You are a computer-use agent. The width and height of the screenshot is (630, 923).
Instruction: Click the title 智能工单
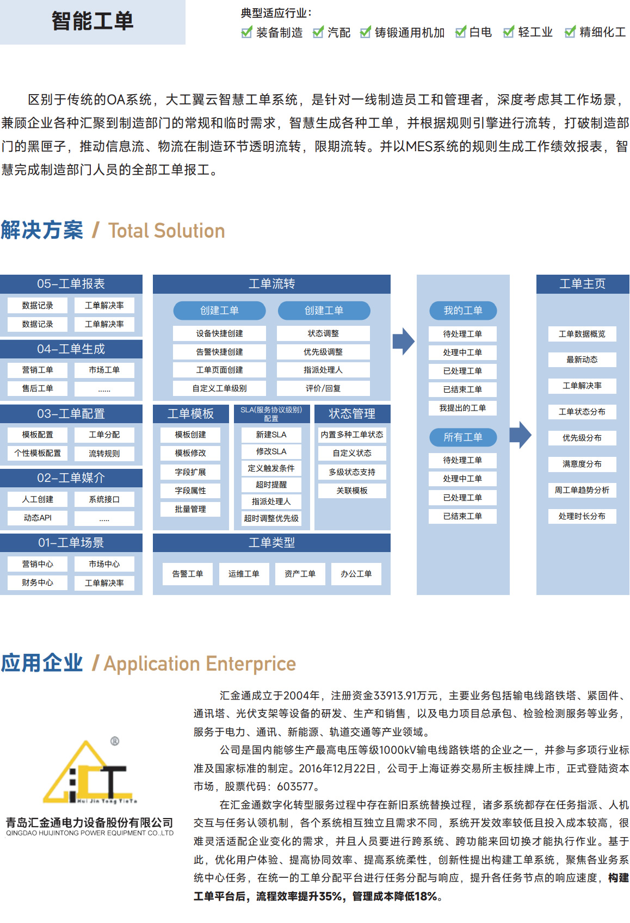pos(92,21)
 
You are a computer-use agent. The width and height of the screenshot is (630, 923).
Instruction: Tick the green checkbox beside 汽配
pos(318,32)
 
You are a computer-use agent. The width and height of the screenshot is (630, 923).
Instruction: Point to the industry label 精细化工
pos(602,32)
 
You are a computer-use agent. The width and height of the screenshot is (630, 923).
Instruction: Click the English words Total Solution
pos(166,230)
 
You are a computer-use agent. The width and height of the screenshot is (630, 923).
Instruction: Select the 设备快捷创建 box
pos(219,333)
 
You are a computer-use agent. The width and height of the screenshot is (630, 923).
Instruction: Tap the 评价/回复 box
pos(323,388)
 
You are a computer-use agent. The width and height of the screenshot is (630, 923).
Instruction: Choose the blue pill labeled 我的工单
pos(463,310)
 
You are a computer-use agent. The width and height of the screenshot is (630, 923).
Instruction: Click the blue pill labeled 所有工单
pos(463,437)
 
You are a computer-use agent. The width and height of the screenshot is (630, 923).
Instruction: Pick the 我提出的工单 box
pos(462,408)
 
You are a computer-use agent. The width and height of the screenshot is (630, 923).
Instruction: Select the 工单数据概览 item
pos(582,334)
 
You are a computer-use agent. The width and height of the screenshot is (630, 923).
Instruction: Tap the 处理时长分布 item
pos(582,516)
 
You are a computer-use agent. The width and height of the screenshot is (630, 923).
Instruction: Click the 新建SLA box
pos(271,435)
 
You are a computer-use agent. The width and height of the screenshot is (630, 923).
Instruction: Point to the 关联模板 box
pos(352,491)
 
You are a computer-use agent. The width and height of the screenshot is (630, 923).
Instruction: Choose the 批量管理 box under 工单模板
pos(190,509)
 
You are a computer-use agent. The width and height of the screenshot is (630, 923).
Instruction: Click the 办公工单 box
pos(356,574)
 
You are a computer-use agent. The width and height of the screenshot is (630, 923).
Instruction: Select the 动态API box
pos(38,518)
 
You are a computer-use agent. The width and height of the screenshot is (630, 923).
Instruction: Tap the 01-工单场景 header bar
pos(71,542)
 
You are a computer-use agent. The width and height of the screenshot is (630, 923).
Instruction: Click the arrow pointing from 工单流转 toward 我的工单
pos(403,341)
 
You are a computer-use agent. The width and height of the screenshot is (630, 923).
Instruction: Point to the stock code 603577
pos(295,786)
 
